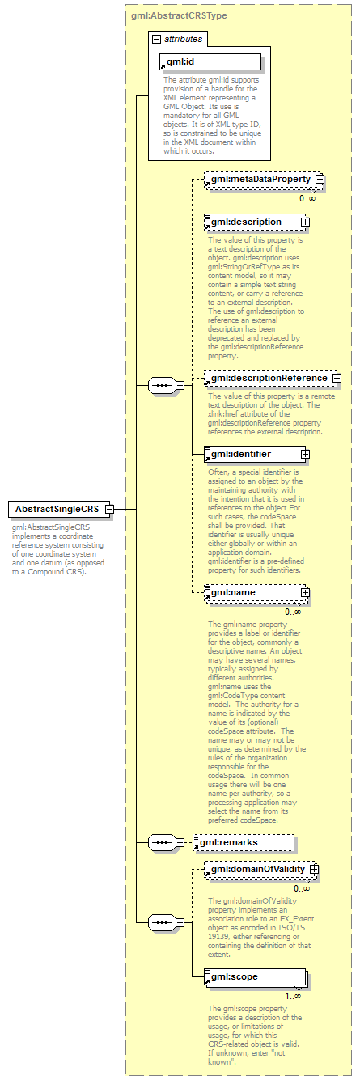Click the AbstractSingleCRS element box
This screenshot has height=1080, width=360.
point(57,509)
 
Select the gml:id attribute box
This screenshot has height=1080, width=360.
point(210,62)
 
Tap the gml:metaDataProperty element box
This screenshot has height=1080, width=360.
point(257,179)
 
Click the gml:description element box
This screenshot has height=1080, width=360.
point(251,222)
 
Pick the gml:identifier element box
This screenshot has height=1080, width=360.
point(251,454)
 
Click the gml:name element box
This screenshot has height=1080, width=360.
point(251,593)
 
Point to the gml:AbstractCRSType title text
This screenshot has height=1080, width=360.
point(178,15)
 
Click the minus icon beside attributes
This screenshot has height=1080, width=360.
point(155,38)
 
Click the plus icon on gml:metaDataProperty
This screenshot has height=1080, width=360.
point(320,179)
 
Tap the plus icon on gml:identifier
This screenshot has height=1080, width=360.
point(305,454)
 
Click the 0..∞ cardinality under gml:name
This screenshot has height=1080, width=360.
point(293,612)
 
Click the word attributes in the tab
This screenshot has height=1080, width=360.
point(184,38)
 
